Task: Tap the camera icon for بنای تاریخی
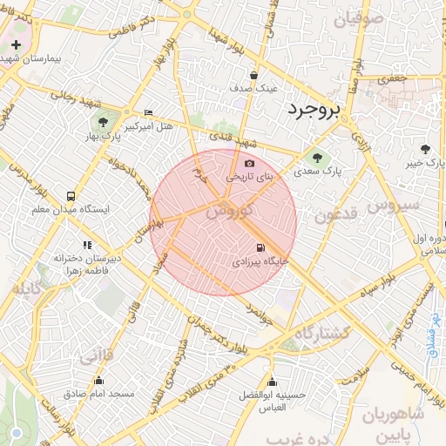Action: click(250, 163)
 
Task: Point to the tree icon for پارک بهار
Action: click(103, 124)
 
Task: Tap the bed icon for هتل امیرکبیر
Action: click(148, 113)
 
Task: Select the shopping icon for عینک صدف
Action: click(253, 75)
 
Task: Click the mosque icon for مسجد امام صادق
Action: click(98, 381)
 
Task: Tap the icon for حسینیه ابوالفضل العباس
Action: click(273, 382)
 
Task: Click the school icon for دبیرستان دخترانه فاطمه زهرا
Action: click(86, 246)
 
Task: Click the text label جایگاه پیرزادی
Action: click(257, 260)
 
